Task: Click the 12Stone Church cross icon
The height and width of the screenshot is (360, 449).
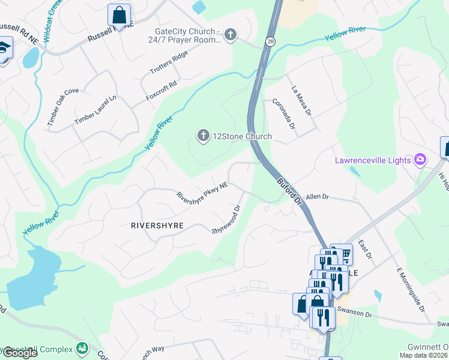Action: (x=203, y=137)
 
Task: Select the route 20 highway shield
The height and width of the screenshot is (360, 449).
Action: (x=271, y=41)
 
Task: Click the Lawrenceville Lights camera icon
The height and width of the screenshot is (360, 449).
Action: (x=420, y=160)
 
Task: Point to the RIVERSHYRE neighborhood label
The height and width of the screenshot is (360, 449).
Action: (x=157, y=226)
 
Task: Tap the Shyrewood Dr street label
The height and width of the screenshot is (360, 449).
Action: (x=226, y=220)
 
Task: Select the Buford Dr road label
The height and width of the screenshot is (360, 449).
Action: (x=289, y=188)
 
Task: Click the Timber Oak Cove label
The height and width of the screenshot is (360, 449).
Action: (x=63, y=107)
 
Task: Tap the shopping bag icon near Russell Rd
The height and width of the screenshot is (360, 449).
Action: (x=119, y=14)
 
